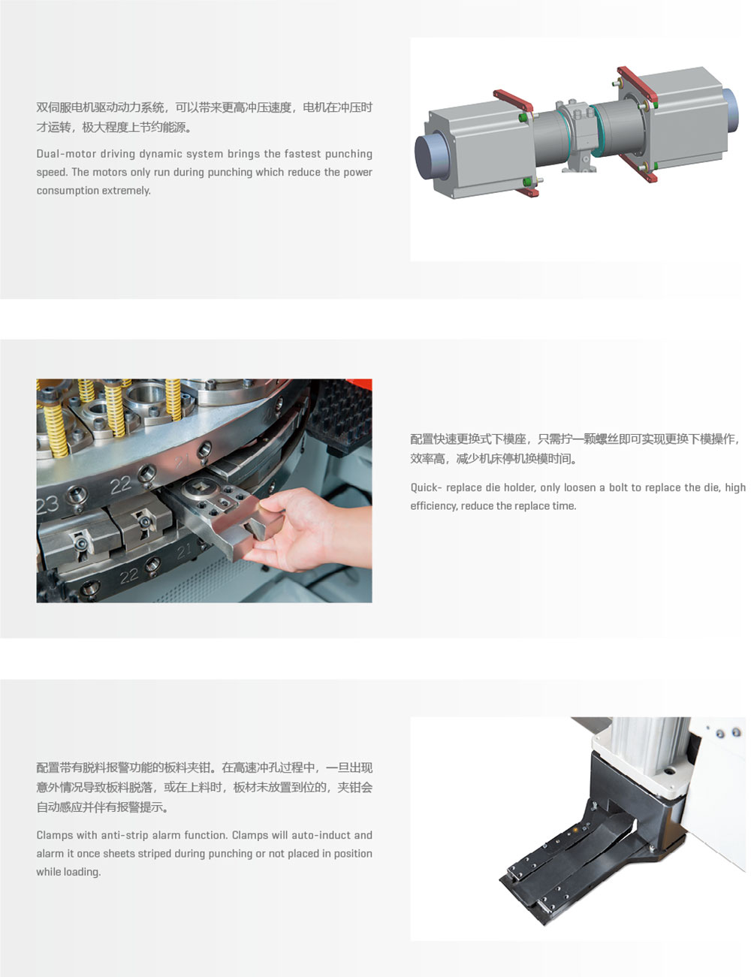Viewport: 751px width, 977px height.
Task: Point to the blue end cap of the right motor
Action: [729, 110]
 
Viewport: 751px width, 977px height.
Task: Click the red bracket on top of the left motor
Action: [513, 101]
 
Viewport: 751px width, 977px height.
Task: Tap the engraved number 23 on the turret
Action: [47, 505]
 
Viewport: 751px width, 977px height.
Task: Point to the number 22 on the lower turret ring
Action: [128, 575]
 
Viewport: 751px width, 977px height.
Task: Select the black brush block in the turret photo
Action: [342, 415]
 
